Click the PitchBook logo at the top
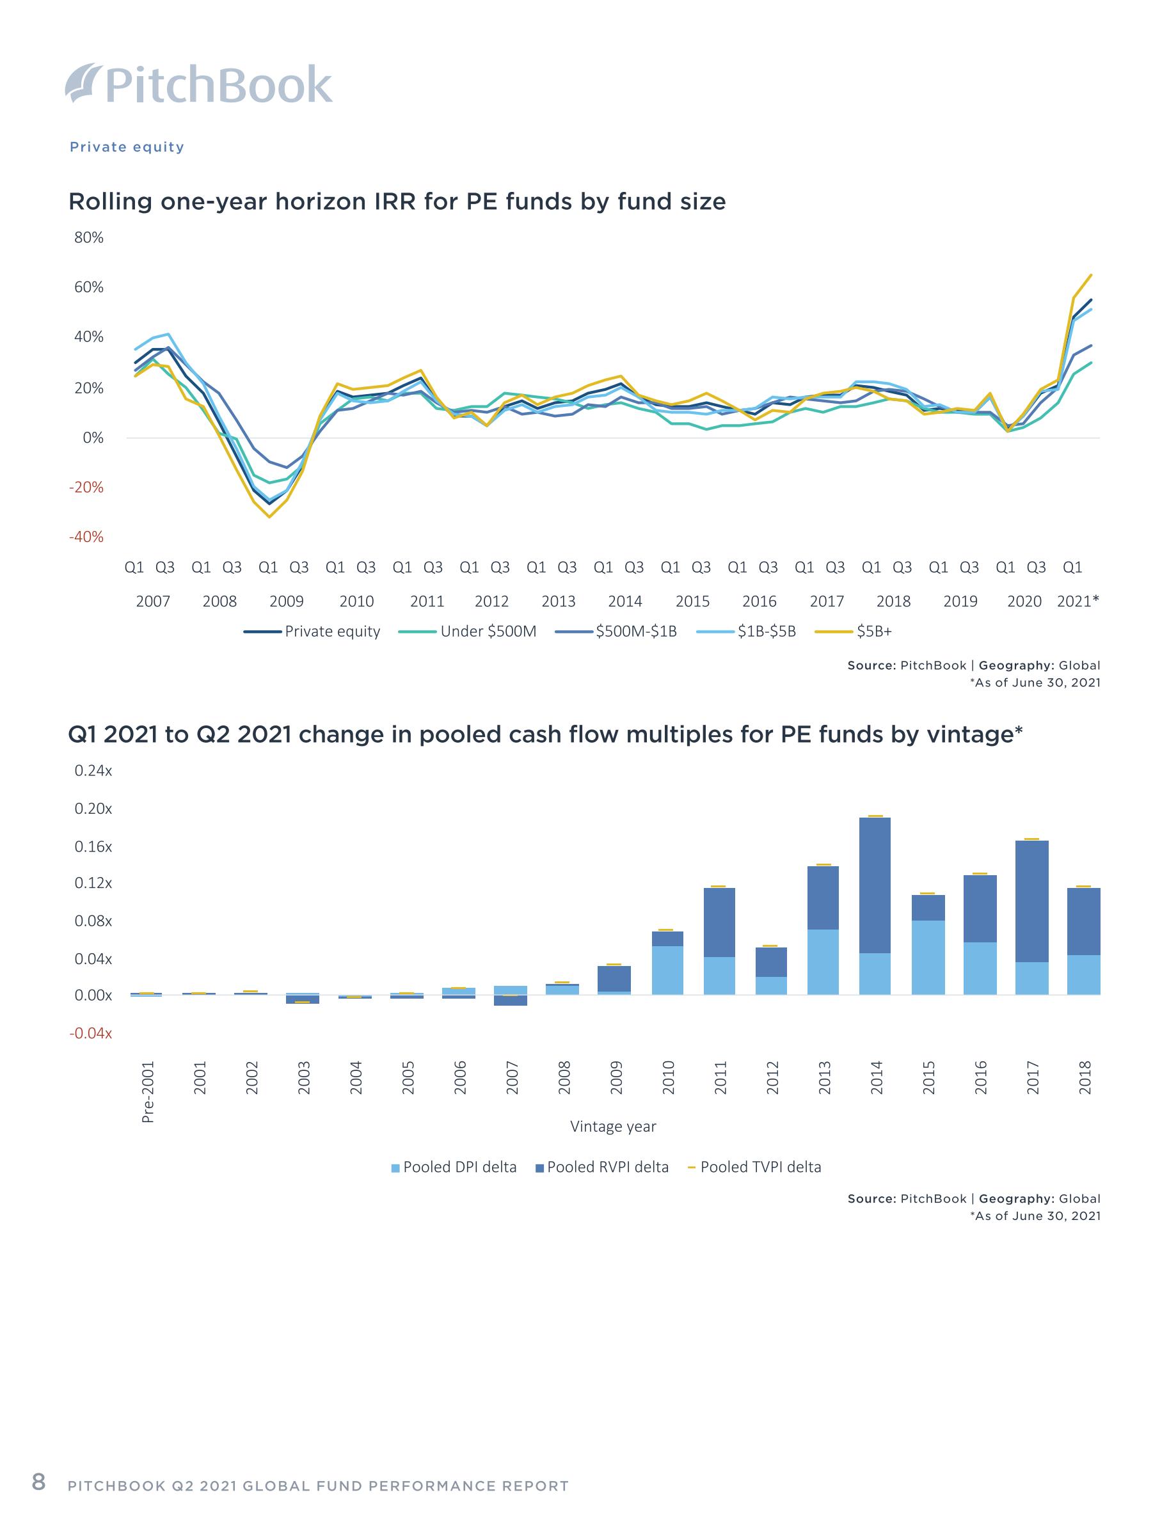coord(199,84)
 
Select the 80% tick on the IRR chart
coord(89,237)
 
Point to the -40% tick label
coord(86,537)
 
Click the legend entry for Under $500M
coord(468,631)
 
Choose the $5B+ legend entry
coord(853,631)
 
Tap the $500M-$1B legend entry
coord(616,631)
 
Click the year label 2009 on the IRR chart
coord(286,601)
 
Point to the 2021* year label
coord(1078,601)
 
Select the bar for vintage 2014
coord(875,906)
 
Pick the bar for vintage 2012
coord(770,971)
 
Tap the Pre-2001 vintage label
coord(148,1091)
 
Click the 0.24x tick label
coord(93,770)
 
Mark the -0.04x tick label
coord(90,1033)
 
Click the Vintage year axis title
coord(612,1127)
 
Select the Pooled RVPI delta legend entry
coord(602,1168)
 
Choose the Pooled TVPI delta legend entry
coord(754,1168)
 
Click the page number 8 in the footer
coord(39,1482)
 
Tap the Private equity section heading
coord(127,147)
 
